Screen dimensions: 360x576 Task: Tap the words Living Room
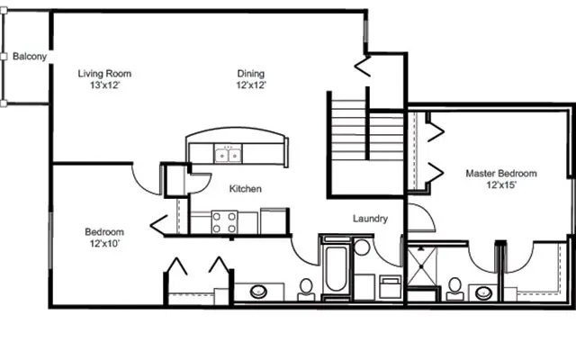104,74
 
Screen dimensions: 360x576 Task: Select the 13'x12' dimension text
104,85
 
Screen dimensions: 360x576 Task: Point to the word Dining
251,74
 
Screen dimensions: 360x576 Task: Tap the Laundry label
370,219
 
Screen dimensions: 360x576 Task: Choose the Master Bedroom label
501,174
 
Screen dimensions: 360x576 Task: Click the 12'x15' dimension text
501,185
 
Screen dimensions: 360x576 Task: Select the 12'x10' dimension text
103,243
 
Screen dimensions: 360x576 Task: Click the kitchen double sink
228,155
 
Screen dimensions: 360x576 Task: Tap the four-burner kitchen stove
224,221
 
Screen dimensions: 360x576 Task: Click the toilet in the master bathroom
454,287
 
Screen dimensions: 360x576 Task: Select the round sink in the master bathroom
484,292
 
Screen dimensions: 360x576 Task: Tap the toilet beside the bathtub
306,287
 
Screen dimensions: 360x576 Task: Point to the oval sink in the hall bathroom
259,292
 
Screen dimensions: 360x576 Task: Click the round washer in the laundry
363,247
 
